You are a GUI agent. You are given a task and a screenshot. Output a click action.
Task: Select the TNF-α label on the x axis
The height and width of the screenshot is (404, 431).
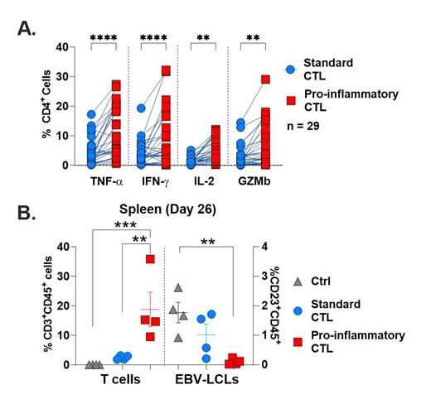105,180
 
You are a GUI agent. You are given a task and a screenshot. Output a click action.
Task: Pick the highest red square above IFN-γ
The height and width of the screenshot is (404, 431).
166,70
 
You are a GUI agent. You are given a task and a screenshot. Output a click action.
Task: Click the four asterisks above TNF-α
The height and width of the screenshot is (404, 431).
105,37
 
